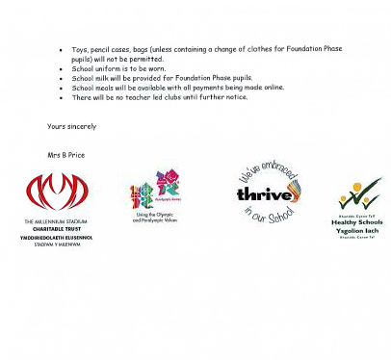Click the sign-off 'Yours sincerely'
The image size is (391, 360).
(x=72, y=127)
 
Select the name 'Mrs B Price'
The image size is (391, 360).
(x=66, y=155)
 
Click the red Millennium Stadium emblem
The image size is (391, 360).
(x=57, y=192)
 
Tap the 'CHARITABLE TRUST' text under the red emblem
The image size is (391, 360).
(x=57, y=228)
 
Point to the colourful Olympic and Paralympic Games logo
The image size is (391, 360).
(x=155, y=189)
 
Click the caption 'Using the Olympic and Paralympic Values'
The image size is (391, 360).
(x=155, y=219)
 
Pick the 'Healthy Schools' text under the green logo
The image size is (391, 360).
(x=357, y=222)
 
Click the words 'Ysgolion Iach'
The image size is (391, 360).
(x=357, y=230)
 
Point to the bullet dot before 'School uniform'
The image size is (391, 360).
(x=61, y=69)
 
